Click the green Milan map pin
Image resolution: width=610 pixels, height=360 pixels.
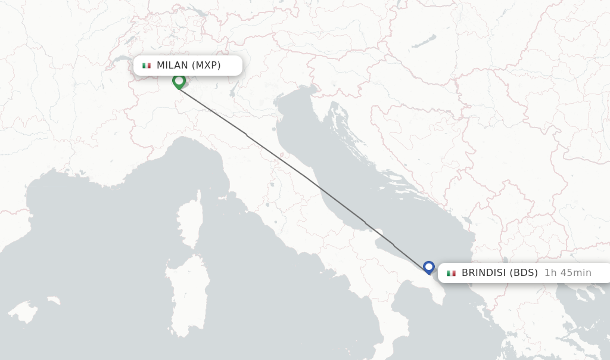(179, 81)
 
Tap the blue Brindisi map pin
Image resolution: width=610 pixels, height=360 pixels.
(429, 267)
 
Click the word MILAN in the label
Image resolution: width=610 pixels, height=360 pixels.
(172, 66)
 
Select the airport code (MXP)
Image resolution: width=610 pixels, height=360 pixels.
(206, 66)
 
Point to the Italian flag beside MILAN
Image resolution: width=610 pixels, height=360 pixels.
(147, 66)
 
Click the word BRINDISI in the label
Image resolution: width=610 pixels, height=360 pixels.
(484, 273)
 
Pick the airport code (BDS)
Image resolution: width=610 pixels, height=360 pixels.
(525, 273)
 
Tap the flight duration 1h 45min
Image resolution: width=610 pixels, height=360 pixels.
(568, 273)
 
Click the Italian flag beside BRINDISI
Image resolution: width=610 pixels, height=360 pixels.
(451, 273)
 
